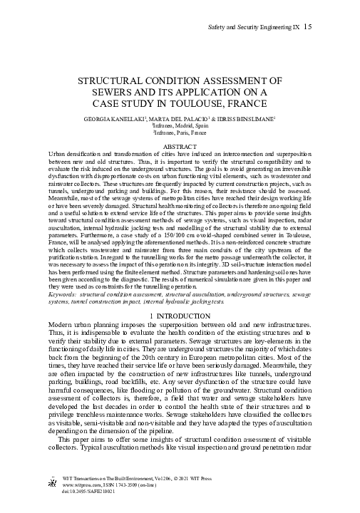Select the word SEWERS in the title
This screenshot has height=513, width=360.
pyautogui.click(x=118, y=92)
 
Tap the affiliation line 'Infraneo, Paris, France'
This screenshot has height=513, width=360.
pyautogui.click(x=180, y=132)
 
